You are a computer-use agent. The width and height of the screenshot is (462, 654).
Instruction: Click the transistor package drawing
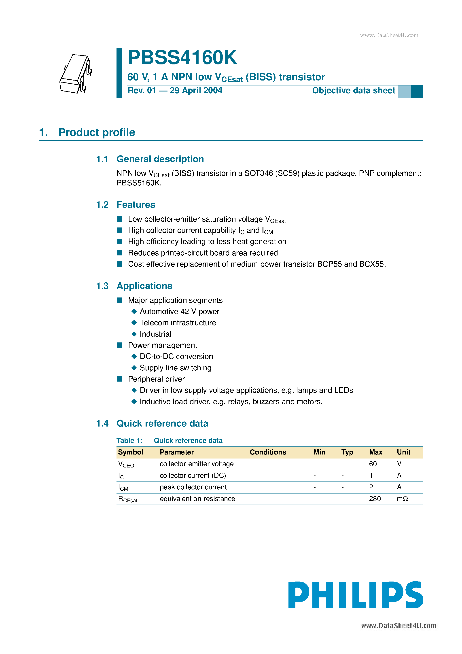(76, 74)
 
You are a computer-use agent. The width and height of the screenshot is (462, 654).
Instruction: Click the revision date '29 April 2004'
(196, 91)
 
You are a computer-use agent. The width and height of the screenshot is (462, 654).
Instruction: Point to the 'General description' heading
(160, 159)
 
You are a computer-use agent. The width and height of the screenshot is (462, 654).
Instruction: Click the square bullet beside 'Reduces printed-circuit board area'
(120, 253)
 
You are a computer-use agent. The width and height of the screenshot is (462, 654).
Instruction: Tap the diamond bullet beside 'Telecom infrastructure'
(134, 323)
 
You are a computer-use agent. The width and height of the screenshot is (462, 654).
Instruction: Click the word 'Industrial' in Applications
(155, 334)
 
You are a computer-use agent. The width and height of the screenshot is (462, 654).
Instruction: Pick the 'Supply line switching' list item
(176, 368)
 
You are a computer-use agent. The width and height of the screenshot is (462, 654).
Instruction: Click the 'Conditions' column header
(268, 452)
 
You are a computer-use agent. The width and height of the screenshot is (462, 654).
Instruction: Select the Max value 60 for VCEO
(373, 464)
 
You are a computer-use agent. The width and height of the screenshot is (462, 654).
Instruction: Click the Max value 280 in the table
(375, 499)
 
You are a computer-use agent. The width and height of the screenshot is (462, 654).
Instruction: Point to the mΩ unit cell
(402, 499)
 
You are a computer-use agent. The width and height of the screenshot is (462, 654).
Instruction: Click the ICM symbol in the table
(123, 487)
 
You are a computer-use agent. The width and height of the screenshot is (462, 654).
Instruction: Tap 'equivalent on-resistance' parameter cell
(197, 499)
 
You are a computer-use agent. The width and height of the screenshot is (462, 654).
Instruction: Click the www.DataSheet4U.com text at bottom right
(398, 626)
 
